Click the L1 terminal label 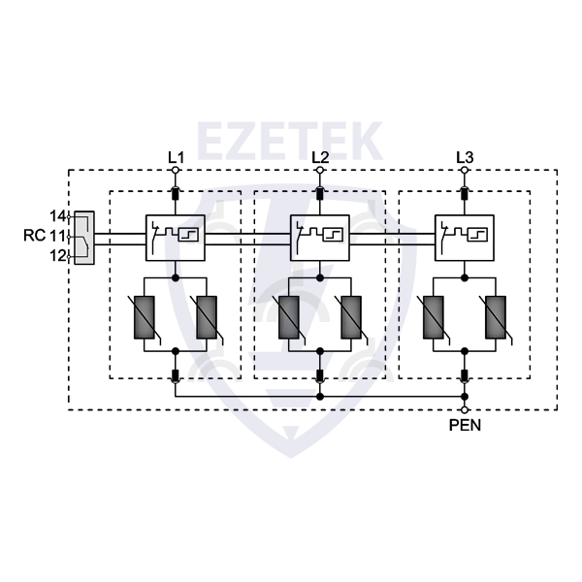(x=176, y=156)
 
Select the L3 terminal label (x=466, y=156)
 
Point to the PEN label (x=465, y=425)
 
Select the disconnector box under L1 (x=176, y=237)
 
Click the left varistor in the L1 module (x=146, y=318)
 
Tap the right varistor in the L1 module (x=205, y=318)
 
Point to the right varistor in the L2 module (x=350, y=318)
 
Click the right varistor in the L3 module (x=495, y=318)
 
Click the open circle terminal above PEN (x=466, y=410)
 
